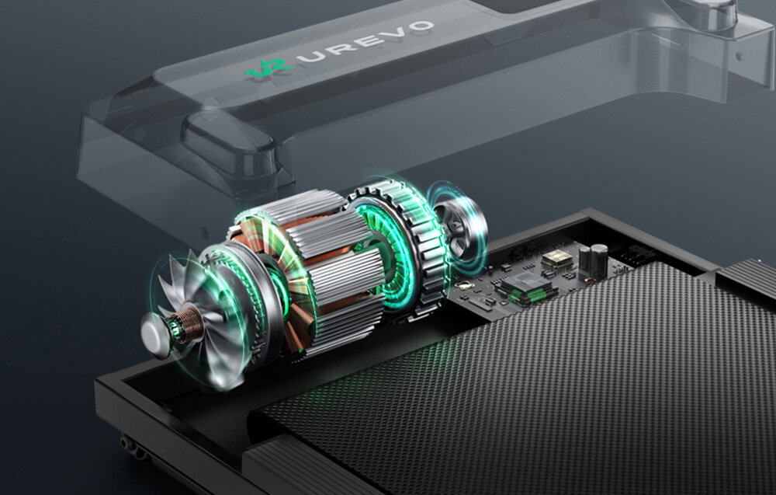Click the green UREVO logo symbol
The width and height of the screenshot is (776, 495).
click(x=268, y=68)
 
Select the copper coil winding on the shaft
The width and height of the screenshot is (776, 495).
click(x=188, y=323)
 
